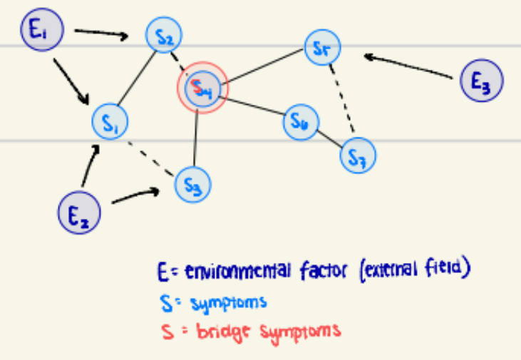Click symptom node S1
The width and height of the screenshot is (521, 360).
(110, 122)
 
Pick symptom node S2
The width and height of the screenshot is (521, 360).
(164, 35)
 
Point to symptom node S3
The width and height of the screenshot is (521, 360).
(192, 183)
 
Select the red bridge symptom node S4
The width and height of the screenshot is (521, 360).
(202, 88)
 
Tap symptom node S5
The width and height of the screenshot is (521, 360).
(322, 48)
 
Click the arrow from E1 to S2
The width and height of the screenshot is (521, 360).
(101, 34)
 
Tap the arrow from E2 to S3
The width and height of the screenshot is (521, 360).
(134, 196)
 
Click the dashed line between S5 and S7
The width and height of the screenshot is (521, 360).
(343, 100)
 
